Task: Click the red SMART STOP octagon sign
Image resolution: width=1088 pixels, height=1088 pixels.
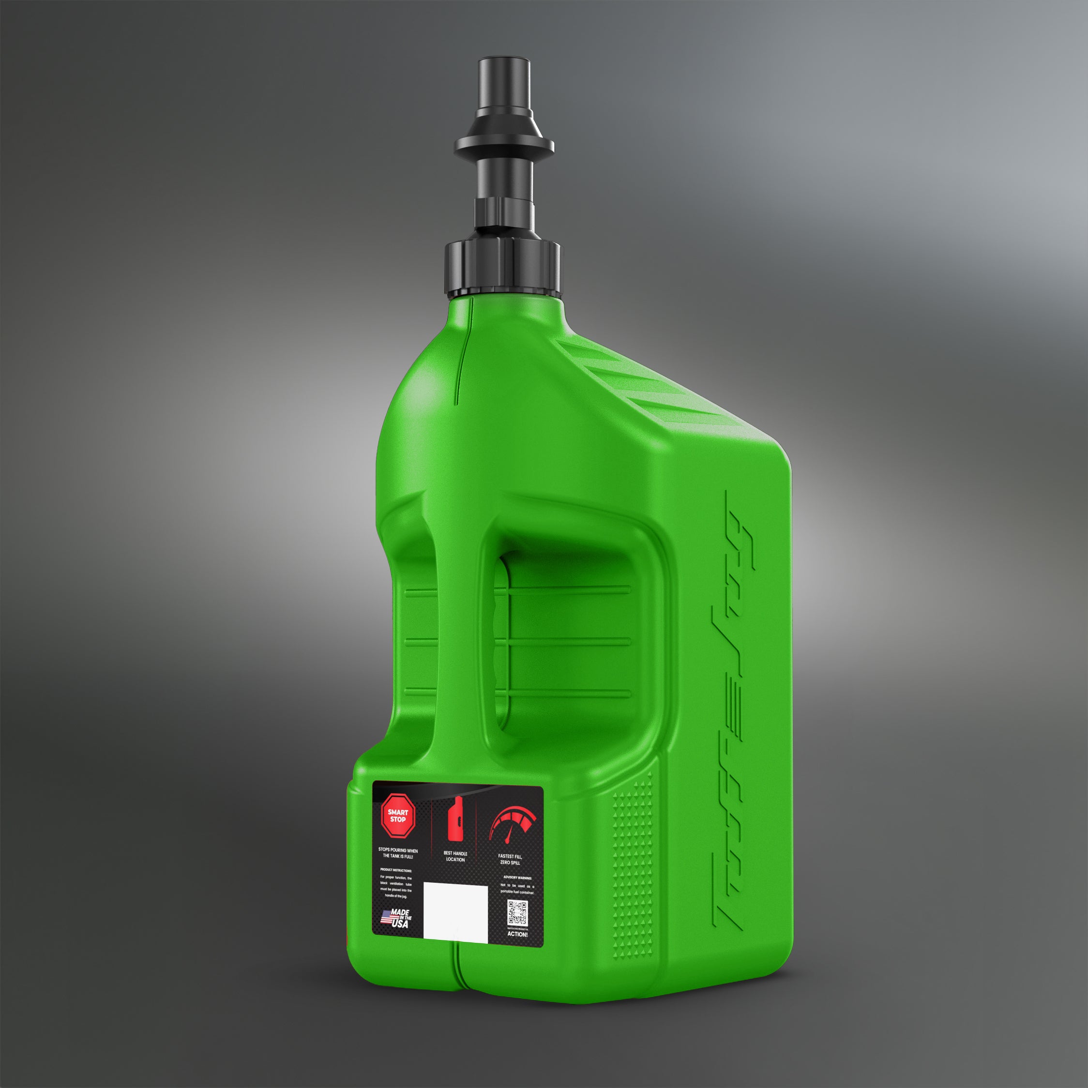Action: point(397,816)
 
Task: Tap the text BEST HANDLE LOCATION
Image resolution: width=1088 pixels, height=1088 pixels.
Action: point(455,857)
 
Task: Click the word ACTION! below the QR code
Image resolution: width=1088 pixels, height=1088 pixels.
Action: point(517,934)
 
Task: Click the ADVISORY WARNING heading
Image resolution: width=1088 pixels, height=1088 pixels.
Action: point(517,877)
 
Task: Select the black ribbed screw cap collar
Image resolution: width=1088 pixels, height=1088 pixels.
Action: point(502,268)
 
